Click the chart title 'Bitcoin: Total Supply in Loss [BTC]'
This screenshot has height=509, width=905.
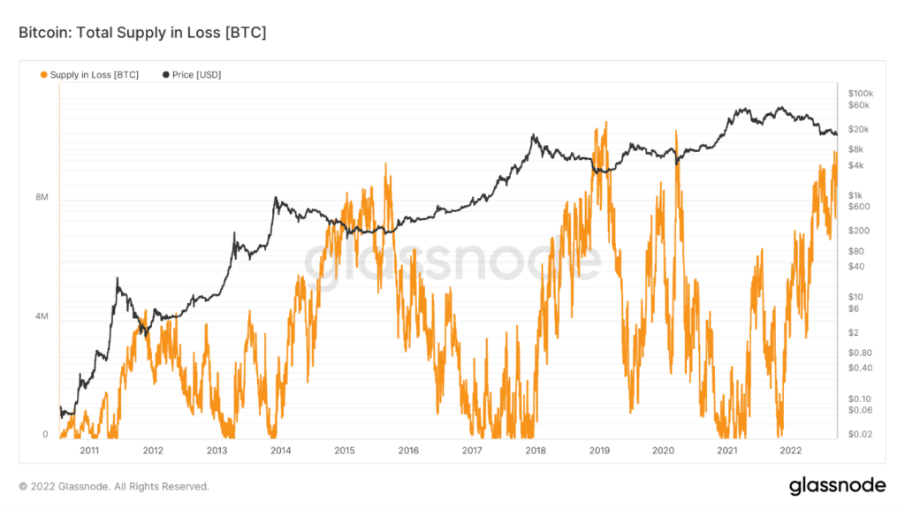[142, 33]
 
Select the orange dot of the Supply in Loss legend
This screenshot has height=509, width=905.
[44, 75]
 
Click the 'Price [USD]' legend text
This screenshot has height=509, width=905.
[196, 75]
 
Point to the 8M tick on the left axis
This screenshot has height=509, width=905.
[41, 198]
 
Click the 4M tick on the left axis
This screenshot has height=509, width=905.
[41, 316]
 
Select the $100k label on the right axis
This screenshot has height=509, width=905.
[859, 94]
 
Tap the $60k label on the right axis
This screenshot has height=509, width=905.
[857, 105]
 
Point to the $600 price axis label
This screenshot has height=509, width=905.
[856, 207]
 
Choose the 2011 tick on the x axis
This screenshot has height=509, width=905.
[89, 451]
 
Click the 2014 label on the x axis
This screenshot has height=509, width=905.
[281, 451]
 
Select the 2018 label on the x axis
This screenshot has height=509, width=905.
[535, 451]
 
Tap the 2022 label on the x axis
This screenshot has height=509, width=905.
[790, 451]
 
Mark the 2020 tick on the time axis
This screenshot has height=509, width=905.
[663, 451]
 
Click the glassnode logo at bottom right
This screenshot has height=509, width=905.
[838, 485]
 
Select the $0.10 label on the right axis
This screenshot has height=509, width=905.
[857, 399]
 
